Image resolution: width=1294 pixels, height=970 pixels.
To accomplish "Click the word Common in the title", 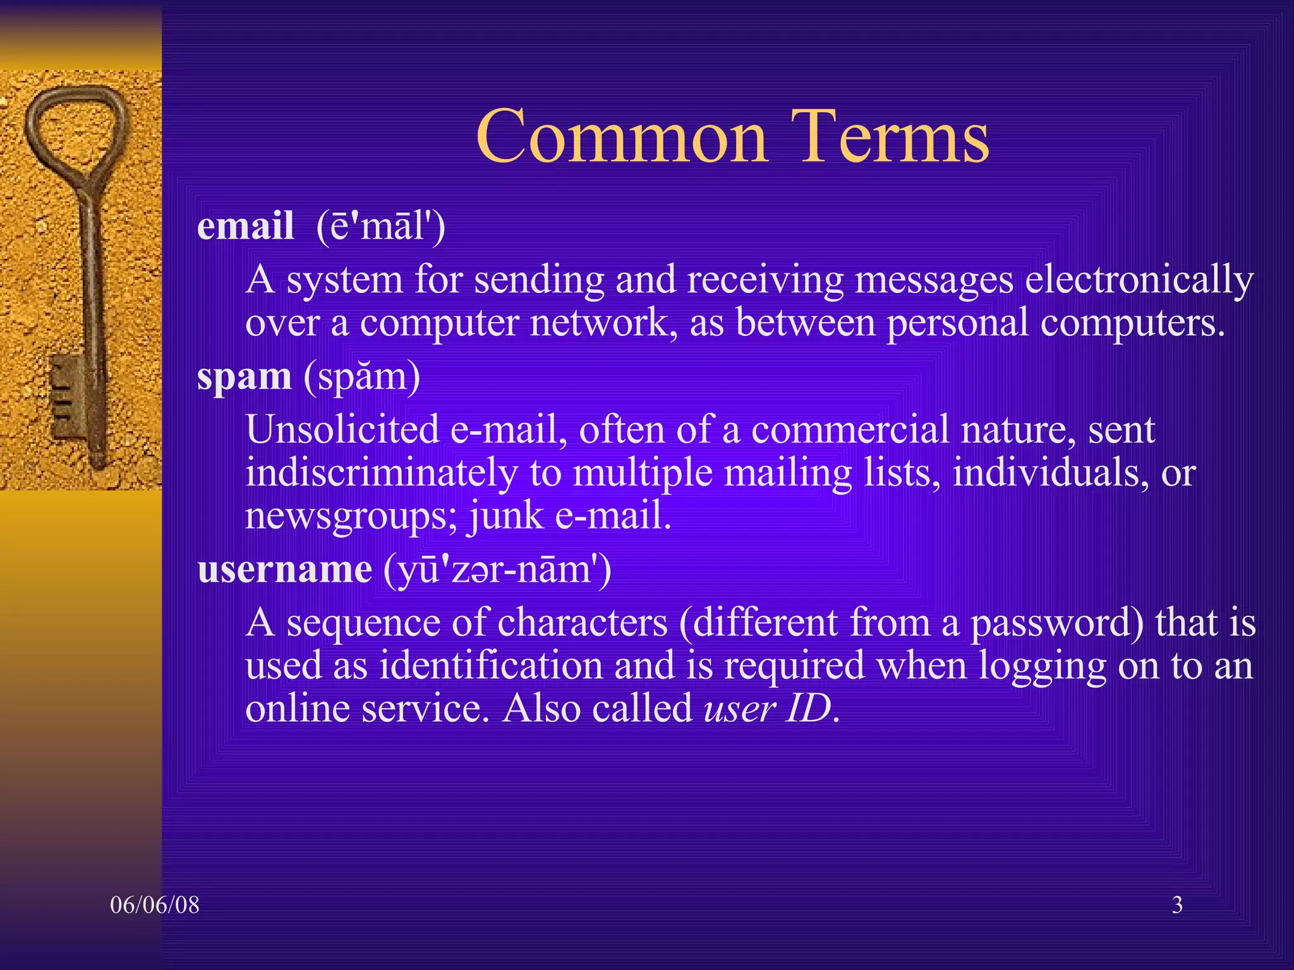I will (621, 136).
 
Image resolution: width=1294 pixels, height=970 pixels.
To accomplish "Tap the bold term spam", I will (244, 377).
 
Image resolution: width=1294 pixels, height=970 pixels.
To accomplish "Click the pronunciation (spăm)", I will (362, 377).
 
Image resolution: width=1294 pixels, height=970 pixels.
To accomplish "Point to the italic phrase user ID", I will (768, 709).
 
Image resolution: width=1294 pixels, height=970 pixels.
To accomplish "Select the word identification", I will (490, 666).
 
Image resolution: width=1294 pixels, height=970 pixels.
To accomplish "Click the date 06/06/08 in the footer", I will (154, 905).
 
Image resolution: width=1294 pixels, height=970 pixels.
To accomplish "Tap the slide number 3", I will (1177, 905).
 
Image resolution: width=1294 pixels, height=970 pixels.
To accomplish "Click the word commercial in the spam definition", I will (850, 429).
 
